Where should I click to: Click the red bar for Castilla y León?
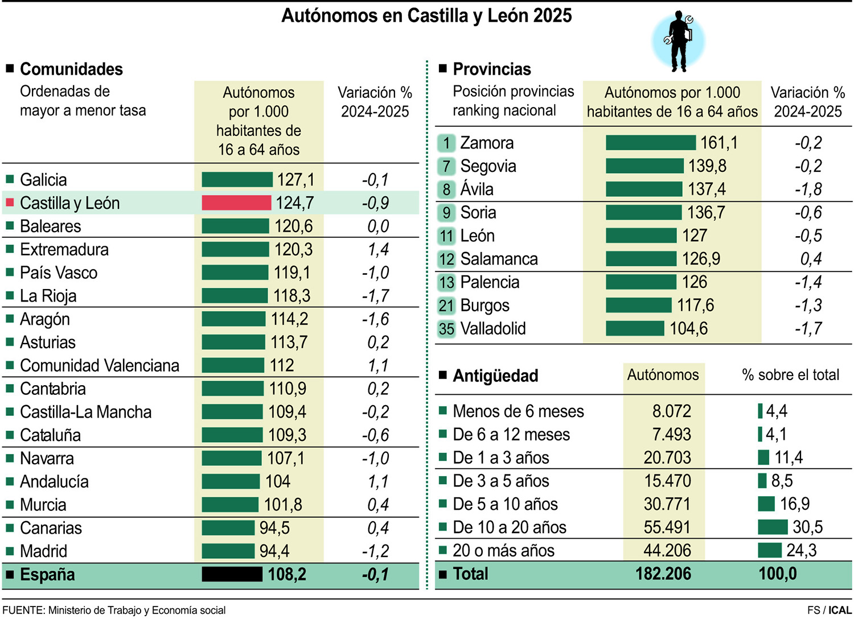(236, 203)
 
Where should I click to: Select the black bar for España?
(232, 574)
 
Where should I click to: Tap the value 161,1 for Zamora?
(718, 143)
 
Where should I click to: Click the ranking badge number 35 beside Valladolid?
(446, 329)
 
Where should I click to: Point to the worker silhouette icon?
(679, 41)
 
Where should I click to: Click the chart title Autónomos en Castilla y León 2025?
(426, 15)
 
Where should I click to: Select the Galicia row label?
(43, 180)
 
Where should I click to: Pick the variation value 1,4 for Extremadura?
(377, 250)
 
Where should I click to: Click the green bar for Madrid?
(228, 551)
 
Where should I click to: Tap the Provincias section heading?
(491, 69)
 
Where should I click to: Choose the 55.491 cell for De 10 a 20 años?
(667, 527)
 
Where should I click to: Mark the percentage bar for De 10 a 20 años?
(773, 527)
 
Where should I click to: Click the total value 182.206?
(663, 573)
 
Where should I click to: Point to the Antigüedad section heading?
(495, 376)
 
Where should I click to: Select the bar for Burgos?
(638, 306)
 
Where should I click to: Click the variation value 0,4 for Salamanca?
(810, 259)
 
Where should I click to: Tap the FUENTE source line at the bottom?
(114, 610)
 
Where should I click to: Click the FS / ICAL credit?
(829, 610)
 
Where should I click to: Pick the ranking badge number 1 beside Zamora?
(446, 143)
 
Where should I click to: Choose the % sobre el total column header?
(790, 375)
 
